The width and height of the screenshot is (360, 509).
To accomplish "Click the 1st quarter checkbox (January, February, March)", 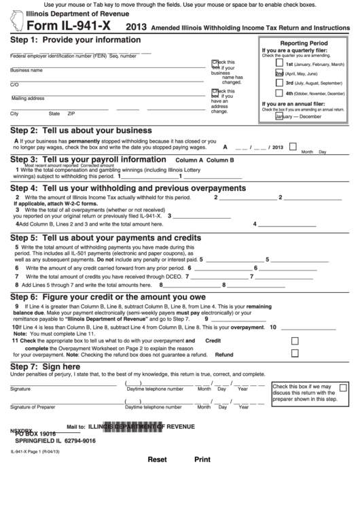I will point(279,63).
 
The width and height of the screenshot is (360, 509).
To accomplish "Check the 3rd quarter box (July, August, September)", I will point(279,83).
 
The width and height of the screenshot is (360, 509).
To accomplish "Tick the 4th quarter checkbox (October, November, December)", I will point(279,93).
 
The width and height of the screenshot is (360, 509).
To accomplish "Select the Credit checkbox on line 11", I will point(294,341).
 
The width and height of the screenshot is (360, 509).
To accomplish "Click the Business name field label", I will point(26,70).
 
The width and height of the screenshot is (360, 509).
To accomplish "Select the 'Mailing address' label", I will point(28,99).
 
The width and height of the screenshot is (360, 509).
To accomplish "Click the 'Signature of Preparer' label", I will point(33,407).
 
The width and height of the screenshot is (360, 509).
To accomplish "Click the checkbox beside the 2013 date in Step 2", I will point(293,146).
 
